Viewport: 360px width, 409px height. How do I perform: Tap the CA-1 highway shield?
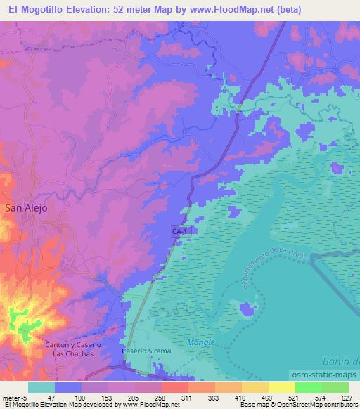[x=180, y=231]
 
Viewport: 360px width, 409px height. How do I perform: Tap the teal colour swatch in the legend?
[x=41, y=387]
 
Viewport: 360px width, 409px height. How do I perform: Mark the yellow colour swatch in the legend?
[x=281, y=387]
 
